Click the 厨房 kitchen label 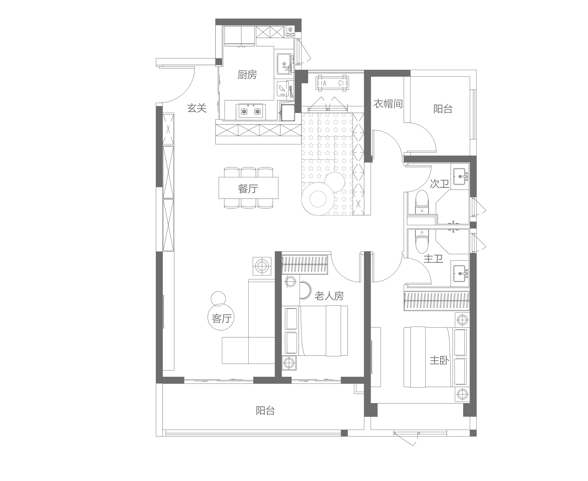[x=247, y=75]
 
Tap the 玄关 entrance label [x=197, y=108]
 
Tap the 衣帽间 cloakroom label [x=388, y=104]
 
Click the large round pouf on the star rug [x=318, y=199]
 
